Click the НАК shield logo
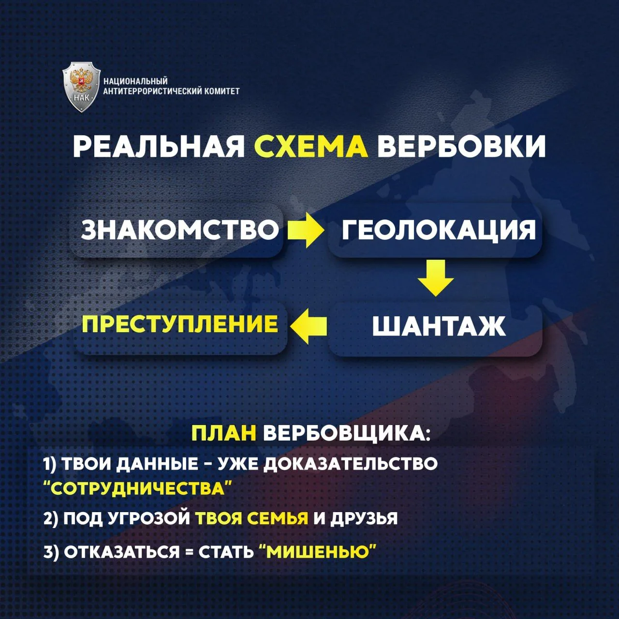pyautogui.click(x=81, y=88)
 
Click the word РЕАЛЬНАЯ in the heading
pyautogui.click(x=158, y=147)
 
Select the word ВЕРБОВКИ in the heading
pyautogui.click(x=461, y=147)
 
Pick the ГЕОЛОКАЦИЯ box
pyautogui.click(x=435, y=230)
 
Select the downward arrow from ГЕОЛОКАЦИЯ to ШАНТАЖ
pyautogui.click(x=436, y=278)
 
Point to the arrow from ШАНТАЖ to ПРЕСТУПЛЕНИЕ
pyautogui.click(x=309, y=326)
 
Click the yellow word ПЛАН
pyautogui.click(x=224, y=434)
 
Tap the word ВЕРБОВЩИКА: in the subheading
pyautogui.click(x=347, y=434)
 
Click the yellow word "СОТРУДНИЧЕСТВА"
pyautogui.click(x=137, y=488)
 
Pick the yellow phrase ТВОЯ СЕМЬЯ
pyautogui.click(x=252, y=518)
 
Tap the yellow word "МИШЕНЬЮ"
pyautogui.click(x=317, y=552)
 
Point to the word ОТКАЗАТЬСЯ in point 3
pyautogui.click(x=122, y=552)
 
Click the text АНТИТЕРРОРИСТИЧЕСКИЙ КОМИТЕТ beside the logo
pyautogui.click(x=171, y=91)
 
